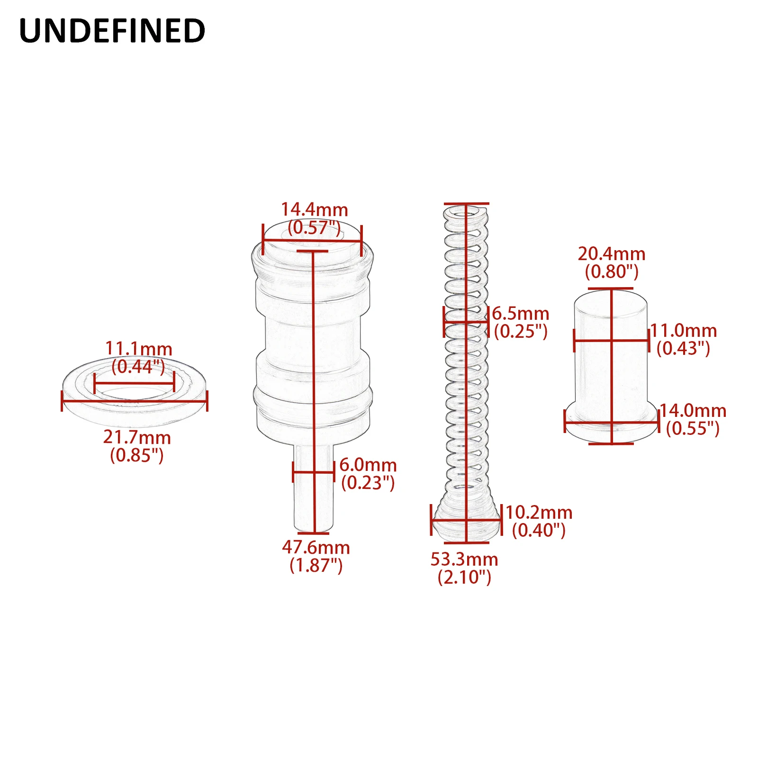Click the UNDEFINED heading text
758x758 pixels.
[x=112, y=31]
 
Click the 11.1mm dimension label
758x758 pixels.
[x=138, y=349]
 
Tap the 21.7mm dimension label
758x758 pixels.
[x=137, y=437]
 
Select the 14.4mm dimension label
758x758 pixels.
[x=315, y=209]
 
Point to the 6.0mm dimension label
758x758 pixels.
[x=368, y=465]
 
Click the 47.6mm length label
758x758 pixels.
[x=316, y=548]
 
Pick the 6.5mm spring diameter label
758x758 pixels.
[x=521, y=313]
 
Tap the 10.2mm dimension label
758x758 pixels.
[x=539, y=512]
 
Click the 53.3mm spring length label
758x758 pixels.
[x=464, y=559]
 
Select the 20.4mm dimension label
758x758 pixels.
[x=612, y=254]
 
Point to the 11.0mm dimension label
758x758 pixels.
[x=684, y=331]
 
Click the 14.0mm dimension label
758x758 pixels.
[x=693, y=411]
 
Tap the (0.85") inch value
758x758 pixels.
[x=137, y=455]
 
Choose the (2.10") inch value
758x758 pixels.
[x=464, y=577]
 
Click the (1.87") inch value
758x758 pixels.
[x=316, y=565]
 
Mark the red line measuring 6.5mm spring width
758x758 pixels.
[x=466, y=322]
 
